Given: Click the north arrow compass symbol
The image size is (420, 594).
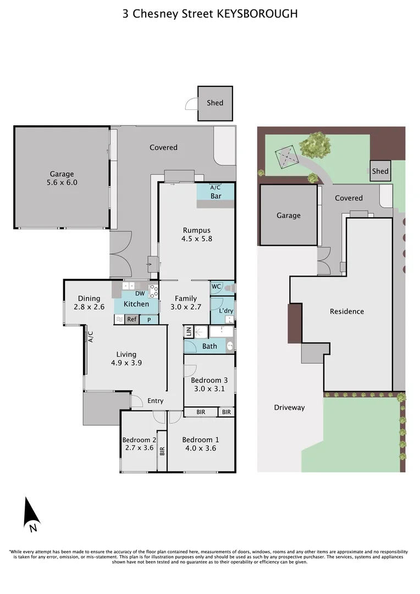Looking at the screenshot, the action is pos(31,515).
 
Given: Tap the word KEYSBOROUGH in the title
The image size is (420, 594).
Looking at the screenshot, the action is pos(257,14).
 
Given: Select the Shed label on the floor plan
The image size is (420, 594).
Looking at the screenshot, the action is pos(215,103).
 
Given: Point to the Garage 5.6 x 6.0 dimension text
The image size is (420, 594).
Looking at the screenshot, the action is pos(62,183).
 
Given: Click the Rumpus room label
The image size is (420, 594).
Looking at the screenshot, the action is pos(197,230).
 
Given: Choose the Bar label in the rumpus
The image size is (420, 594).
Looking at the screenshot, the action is pos(216,196).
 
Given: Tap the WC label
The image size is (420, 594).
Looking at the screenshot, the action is pos(216,287).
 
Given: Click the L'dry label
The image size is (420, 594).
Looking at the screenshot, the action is pos(226,311).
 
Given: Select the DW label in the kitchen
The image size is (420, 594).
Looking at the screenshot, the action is pos(140,293).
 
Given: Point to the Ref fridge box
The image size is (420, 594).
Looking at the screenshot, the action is pos(132,320).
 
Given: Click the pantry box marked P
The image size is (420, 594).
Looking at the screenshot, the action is pos(149,320).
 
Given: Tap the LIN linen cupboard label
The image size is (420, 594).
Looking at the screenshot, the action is pos(189,332).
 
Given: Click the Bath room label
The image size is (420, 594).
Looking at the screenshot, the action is pos(209,346).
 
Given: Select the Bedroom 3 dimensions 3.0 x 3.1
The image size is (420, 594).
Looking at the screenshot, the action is pos(209,389).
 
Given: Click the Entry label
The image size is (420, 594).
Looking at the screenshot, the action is pos(155,401).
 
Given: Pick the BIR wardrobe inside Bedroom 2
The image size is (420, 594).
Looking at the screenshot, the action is pos(162,451).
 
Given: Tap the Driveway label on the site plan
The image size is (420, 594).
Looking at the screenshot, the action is pos(289,408).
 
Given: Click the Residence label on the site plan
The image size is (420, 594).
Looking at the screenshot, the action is pos(347,311).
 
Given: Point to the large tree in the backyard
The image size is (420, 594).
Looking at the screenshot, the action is pos(314,145).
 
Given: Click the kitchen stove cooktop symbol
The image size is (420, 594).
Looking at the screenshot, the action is pos(153,291).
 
